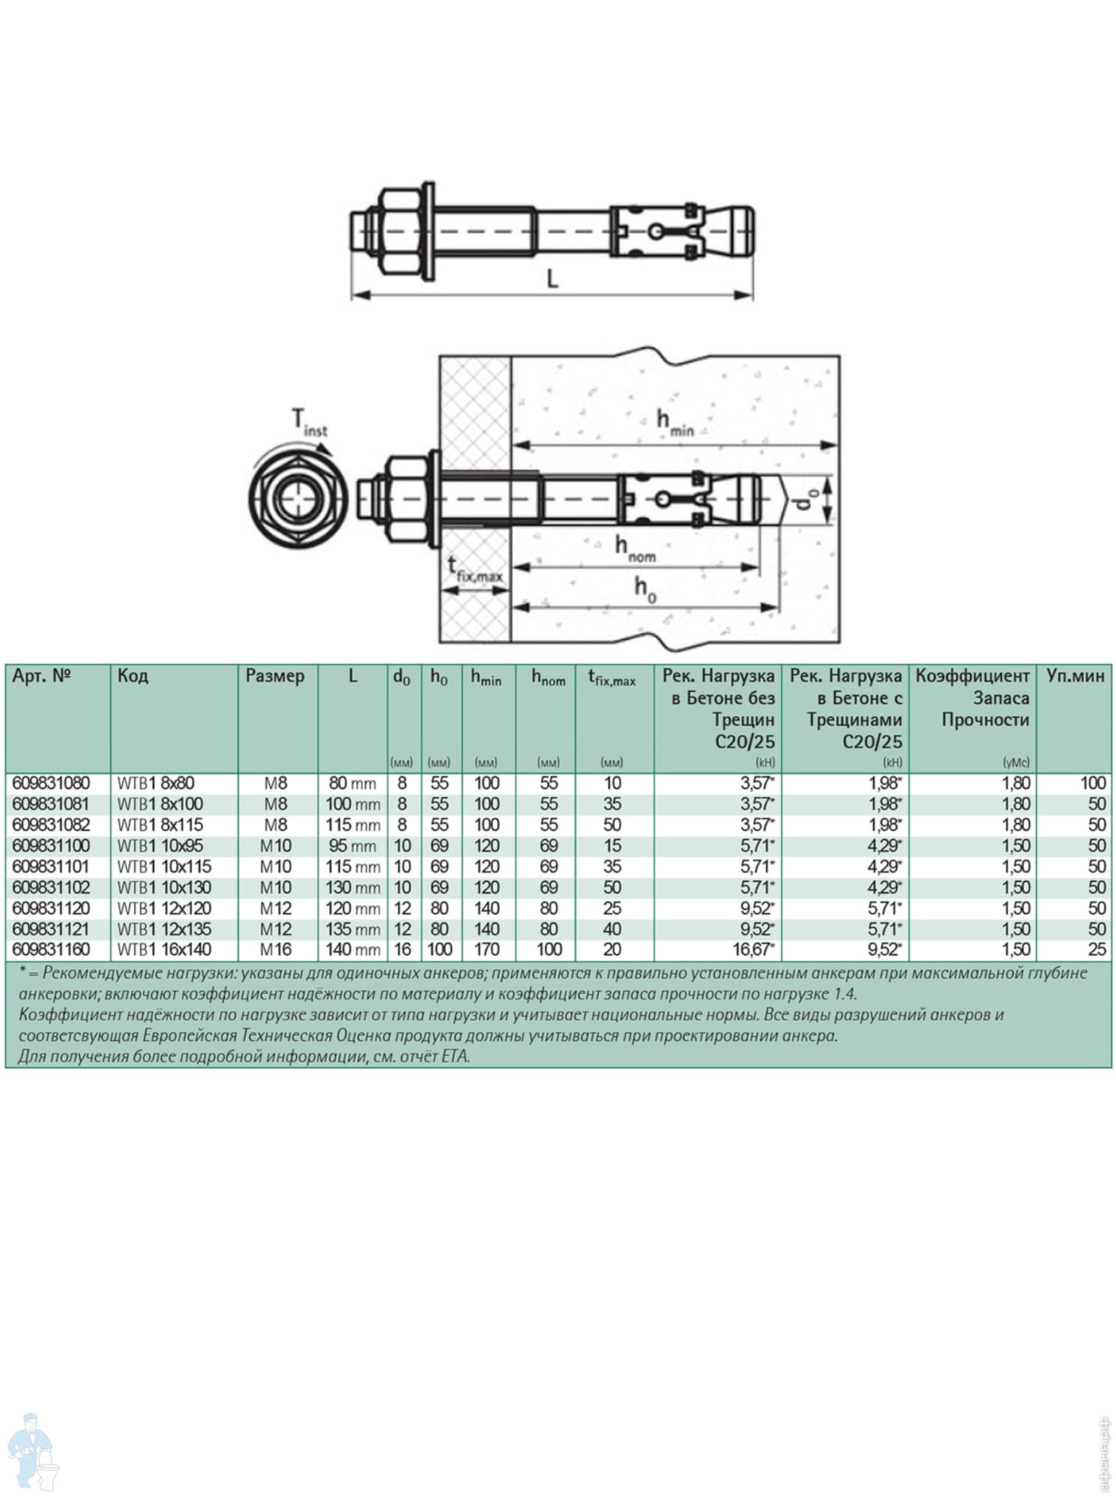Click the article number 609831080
(51, 783)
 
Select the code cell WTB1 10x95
(160, 846)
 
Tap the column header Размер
(275, 676)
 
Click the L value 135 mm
(352, 929)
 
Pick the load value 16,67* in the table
(754, 950)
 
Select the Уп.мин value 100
(1093, 783)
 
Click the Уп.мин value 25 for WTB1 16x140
(1097, 950)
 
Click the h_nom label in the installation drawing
(635, 549)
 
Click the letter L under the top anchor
(552, 280)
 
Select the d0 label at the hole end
(806, 500)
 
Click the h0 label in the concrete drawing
(645, 588)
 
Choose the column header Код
(133, 676)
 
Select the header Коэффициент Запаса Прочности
(972, 698)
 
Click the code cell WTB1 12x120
(164, 908)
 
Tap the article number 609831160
(51, 950)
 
